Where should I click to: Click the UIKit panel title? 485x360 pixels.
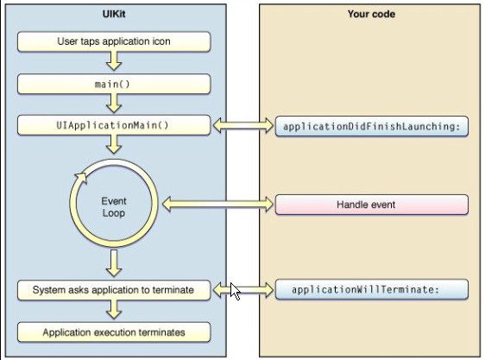[114, 14]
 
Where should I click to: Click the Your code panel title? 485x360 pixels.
[371, 14]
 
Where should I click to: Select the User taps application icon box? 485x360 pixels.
[114, 41]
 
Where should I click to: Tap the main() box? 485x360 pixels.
[114, 84]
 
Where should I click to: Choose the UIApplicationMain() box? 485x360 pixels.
[114, 125]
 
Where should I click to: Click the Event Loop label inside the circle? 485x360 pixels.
[114, 207]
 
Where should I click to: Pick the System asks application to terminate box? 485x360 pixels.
[114, 290]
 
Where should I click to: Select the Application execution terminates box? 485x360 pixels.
[114, 332]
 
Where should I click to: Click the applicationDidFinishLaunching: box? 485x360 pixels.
[371, 126]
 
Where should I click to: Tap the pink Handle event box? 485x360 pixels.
[371, 205]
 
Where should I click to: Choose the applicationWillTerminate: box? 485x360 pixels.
[371, 290]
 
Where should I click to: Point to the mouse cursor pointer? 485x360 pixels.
[235, 291]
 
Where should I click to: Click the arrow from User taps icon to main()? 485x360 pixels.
[114, 61]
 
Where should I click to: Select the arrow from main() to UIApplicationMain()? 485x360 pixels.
[114, 104]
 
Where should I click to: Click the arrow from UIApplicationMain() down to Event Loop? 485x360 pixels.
[114, 144]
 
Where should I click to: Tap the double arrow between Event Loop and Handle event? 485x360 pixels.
[218, 205]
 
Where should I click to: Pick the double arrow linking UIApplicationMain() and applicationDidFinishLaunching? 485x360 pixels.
[243, 125]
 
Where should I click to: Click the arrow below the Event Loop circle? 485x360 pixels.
[114, 263]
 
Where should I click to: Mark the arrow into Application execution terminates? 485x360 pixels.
[114, 310]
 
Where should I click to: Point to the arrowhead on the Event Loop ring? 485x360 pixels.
[81, 179]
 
